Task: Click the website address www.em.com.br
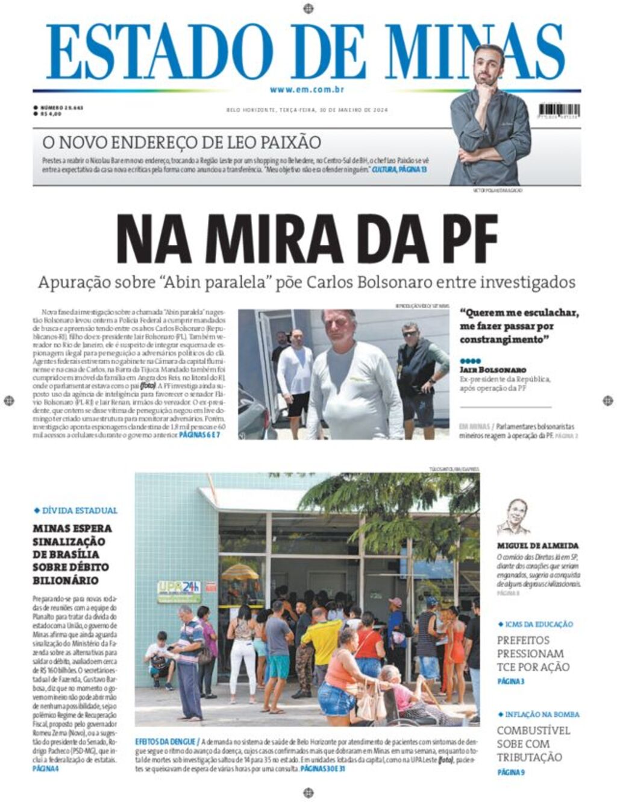point(307,89)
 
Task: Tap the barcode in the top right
point(559,110)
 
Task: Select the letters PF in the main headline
point(466,238)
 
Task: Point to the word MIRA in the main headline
point(260,238)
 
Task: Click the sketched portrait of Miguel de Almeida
point(513,517)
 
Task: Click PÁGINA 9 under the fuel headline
point(510,772)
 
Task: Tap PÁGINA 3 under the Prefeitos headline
point(510,681)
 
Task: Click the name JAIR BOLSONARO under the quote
point(492,369)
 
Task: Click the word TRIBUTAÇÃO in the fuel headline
point(529,757)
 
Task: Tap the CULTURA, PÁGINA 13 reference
point(399,170)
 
